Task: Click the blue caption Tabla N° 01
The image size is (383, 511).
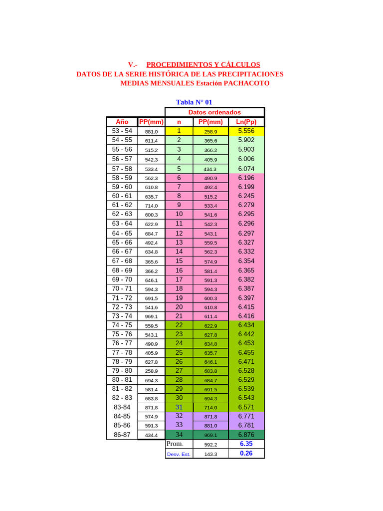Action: pos(194,102)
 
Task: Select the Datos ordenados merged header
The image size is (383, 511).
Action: pos(214,112)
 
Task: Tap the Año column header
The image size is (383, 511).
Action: pos(122,122)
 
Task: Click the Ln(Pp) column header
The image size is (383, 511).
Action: pos(246,122)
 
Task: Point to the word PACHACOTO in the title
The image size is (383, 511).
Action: pos(246,83)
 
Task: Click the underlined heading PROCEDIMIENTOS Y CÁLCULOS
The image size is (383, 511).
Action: pos(203,65)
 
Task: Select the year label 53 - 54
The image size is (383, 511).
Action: pos(122,131)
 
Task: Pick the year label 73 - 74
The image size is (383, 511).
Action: pos(122,316)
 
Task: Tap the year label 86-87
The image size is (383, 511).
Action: pos(122,435)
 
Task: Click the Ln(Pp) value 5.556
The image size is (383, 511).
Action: pos(246,131)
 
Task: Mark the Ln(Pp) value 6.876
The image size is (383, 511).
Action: pos(246,435)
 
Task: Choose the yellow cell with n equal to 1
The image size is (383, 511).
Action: pos(179,131)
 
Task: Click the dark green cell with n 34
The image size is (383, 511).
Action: pos(179,435)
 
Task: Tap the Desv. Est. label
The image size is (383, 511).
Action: pos(179,454)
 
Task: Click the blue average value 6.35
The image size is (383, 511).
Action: pos(246,444)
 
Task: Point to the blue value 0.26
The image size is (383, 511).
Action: pos(246,454)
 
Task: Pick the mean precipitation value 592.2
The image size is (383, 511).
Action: pos(211,445)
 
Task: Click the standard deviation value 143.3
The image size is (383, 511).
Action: pos(211,455)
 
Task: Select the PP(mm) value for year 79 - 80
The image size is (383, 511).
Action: pos(151,371)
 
